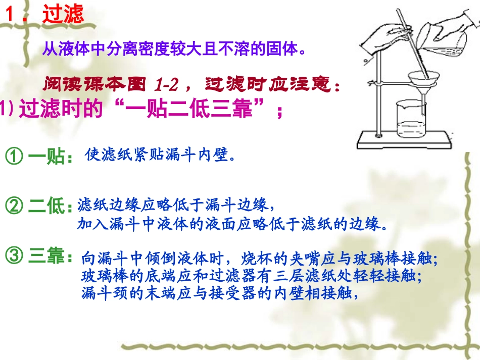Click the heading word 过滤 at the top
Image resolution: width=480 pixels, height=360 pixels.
[x=63, y=15]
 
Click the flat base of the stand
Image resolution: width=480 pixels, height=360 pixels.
[x=404, y=137]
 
